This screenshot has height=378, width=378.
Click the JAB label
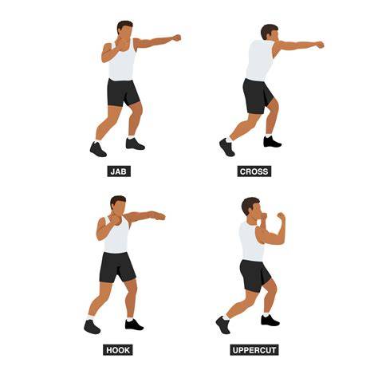point(119,171)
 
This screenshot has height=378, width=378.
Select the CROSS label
point(254,171)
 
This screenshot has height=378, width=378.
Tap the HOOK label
point(118,350)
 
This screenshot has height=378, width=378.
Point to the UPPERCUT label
point(254,350)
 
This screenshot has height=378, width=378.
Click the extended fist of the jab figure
point(177,37)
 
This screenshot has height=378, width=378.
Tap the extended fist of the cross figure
point(320,45)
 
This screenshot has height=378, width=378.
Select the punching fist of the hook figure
point(159,216)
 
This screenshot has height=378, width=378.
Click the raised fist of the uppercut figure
point(281,215)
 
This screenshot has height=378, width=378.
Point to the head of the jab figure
point(124,30)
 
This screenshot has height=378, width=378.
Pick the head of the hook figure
point(118,205)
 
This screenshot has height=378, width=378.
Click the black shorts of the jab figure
point(123,93)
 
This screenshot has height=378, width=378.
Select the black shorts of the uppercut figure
point(254,276)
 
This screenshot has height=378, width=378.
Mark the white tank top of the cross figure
point(259,61)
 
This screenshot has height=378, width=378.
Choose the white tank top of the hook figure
point(116,235)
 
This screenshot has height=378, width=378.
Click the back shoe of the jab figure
point(98,149)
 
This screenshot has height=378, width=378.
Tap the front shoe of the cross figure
point(272,142)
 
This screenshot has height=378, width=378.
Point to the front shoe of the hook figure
point(134,325)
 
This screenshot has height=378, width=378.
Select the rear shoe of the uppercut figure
point(222,325)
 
